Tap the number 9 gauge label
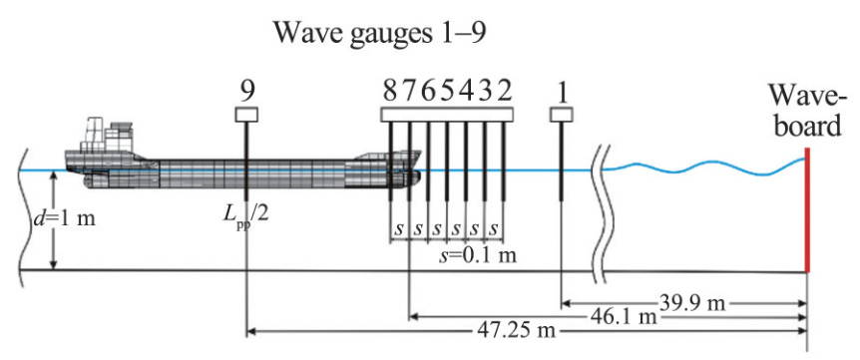coord(246,93)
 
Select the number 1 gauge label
coord(561,93)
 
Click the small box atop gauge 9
coord(246,115)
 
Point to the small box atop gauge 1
coord(561,115)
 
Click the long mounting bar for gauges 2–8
coord(447,115)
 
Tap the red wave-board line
coord(807,209)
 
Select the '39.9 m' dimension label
coord(691,303)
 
